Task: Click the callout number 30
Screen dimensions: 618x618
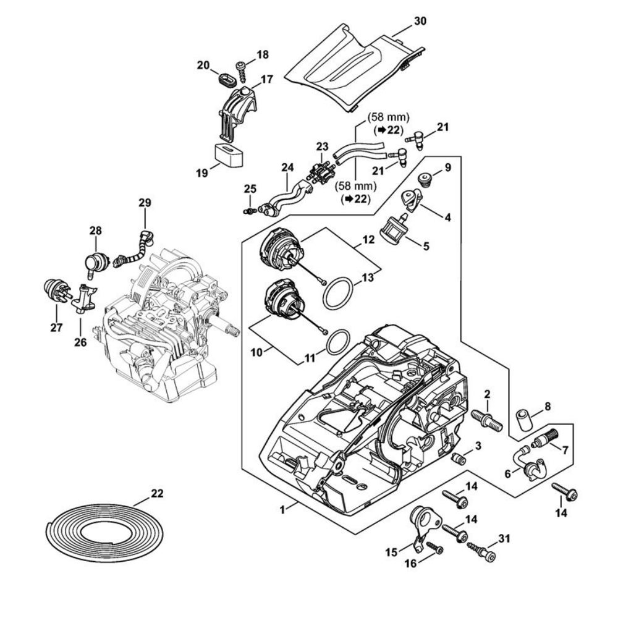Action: (x=420, y=21)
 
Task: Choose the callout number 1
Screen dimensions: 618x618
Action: (x=282, y=510)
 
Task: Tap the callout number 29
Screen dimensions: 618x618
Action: (x=145, y=203)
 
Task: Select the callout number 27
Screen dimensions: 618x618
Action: (x=56, y=328)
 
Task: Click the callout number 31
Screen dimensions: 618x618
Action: (x=504, y=539)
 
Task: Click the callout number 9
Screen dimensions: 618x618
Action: (x=447, y=167)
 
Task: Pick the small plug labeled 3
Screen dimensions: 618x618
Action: (x=459, y=459)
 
